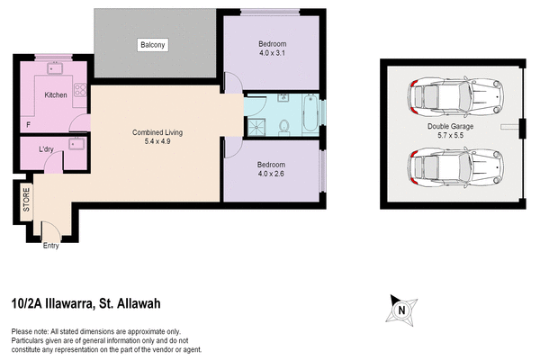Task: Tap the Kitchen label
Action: (x=56, y=94)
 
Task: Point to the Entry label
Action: (x=52, y=246)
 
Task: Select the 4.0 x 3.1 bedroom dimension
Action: (x=272, y=52)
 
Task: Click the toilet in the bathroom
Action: (x=283, y=127)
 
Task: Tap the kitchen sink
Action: (x=54, y=67)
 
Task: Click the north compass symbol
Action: (x=402, y=310)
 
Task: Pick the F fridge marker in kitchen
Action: (x=29, y=123)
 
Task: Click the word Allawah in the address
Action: (x=137, y=304)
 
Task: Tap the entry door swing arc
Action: (x=45, y=221)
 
